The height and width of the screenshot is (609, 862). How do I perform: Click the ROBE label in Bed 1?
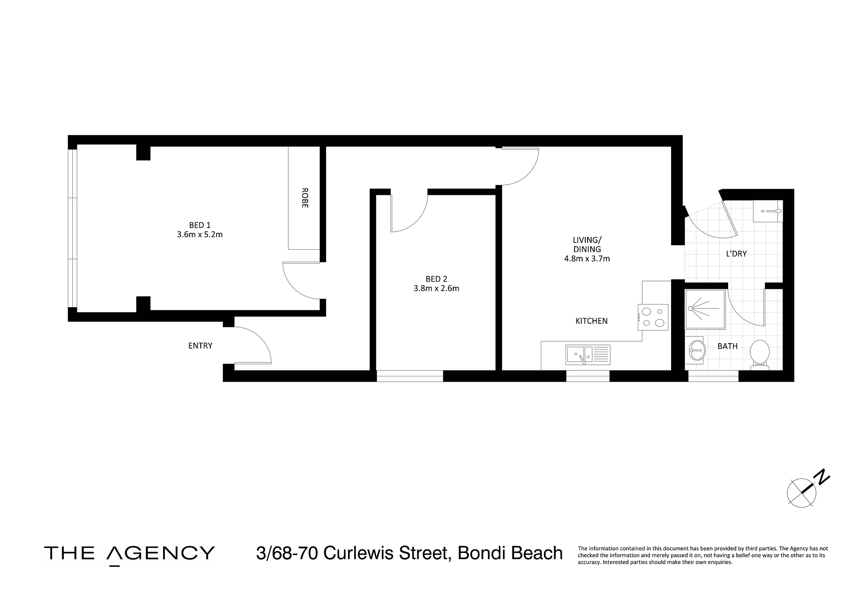point(305,198)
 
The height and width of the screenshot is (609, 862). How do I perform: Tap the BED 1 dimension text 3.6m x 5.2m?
point(200,234)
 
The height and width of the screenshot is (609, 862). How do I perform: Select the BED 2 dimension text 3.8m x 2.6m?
point(436,288)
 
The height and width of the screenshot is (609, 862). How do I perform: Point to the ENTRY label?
point(200,346)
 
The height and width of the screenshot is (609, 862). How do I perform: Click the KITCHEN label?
point(592,321)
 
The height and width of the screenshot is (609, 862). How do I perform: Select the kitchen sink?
point(588,355)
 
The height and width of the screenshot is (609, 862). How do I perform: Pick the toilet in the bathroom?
point(760,354)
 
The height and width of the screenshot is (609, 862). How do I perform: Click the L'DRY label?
point(736,254)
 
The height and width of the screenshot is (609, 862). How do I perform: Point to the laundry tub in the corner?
point(768,211)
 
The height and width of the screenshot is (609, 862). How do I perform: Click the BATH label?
point(727,346)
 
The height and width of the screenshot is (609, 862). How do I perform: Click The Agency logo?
point(129,554)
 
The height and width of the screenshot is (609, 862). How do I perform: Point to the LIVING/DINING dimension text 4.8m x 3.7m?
point(587,259)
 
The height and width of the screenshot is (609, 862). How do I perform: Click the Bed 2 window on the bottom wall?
point(410,376)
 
